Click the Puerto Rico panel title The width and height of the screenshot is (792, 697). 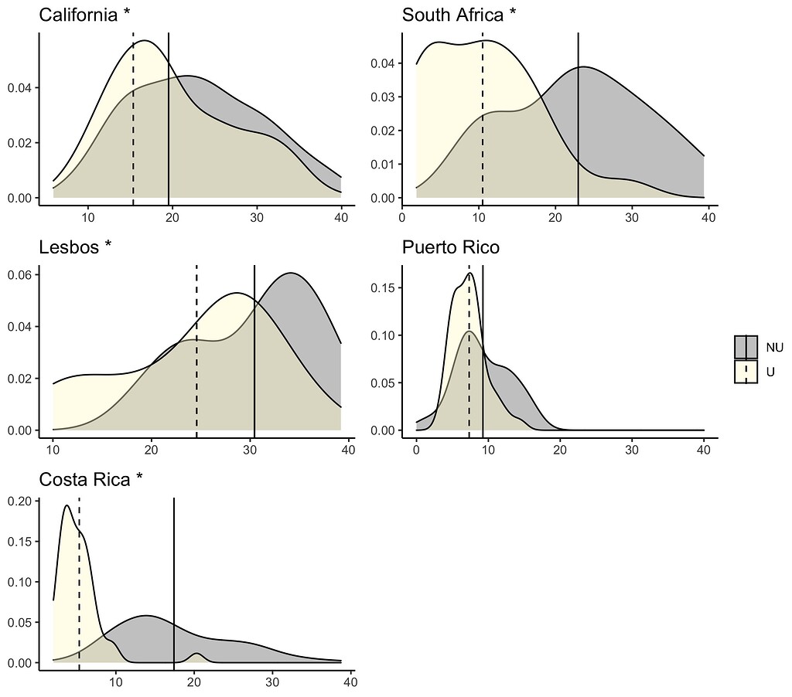pos(450,247)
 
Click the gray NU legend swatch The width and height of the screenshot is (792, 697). pos(746,348)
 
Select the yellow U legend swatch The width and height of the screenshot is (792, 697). pos(746,372)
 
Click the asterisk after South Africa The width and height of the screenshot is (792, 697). pos(511,15)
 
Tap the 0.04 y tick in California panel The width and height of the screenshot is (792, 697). pos(19,87)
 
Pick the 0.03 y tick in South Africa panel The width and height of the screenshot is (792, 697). pos(383,97)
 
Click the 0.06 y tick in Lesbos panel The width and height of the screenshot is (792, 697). pos(19,275)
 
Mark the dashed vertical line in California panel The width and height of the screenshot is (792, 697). pos(133,116)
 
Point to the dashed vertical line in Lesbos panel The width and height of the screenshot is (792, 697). pos(196,348)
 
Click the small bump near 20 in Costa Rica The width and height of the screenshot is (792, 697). pos(196,655)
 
